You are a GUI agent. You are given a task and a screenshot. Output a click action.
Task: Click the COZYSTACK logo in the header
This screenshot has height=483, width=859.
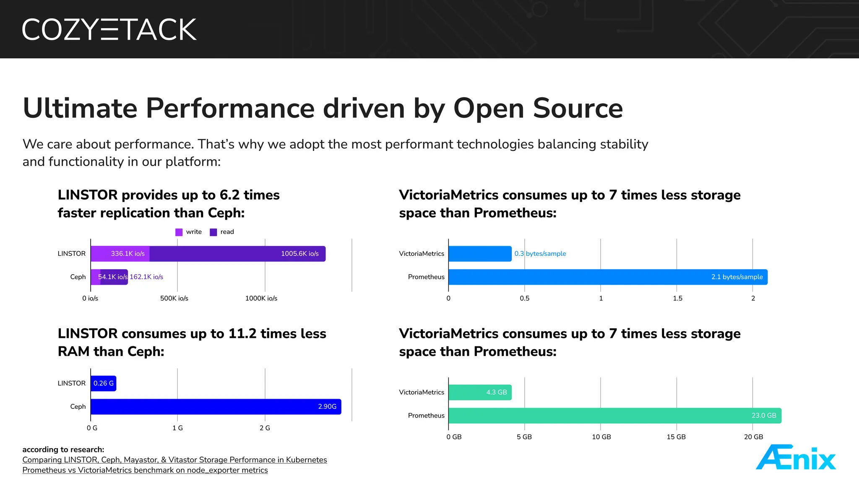109,29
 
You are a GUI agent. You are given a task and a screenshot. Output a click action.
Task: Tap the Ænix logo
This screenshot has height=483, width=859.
796,457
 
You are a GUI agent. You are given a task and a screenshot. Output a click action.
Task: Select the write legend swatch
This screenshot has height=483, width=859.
179,232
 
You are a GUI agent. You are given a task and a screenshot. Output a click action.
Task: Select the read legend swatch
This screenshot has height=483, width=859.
213,232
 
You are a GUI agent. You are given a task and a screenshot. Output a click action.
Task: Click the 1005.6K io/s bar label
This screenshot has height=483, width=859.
299,254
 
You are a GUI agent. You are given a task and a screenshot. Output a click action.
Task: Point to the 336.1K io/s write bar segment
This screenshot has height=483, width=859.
120,254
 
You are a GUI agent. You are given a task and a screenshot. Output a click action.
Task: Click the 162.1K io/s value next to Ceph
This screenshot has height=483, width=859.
146,277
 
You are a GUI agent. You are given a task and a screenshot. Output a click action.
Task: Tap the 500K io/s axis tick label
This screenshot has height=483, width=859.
174,299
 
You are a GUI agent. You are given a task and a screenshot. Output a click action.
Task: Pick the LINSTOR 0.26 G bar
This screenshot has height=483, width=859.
103,383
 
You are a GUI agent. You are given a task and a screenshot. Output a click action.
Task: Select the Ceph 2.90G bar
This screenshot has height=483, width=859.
216,407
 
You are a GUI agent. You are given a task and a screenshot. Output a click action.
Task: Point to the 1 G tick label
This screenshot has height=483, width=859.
177,428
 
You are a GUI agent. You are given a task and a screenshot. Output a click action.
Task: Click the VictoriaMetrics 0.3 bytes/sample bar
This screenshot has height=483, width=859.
480,254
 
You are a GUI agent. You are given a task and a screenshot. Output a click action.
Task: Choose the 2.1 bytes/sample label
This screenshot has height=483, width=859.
737,277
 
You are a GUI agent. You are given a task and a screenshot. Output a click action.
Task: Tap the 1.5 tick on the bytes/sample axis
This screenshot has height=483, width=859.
677,299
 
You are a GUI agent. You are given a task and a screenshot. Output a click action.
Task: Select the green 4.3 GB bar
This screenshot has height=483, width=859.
480,392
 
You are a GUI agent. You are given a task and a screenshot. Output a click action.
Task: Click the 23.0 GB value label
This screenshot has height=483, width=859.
763,415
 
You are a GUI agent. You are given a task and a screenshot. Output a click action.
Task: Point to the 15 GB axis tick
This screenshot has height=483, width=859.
676,437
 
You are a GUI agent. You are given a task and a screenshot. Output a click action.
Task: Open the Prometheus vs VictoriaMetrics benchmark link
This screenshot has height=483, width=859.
145,470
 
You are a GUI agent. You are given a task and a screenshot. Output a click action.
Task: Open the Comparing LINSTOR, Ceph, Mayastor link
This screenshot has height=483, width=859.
174,460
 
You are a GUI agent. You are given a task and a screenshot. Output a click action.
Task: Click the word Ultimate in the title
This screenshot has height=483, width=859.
80,108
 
